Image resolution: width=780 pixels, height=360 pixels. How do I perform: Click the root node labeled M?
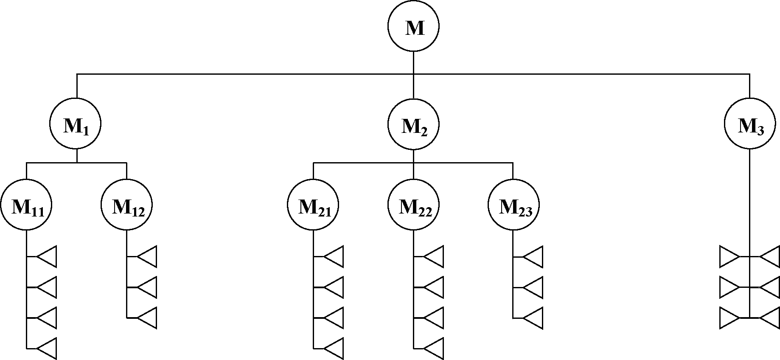click(x=413, y=27)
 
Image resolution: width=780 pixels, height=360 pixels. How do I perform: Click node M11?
click(x=26, y=205)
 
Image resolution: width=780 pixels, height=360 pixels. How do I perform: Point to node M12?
click(x=126, y=205)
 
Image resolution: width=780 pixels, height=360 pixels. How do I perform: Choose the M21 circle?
click(x=313, y=205)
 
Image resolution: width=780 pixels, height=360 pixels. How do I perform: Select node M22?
click(x=413, y=205)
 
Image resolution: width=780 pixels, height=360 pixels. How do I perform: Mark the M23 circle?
click(x=513, y=205)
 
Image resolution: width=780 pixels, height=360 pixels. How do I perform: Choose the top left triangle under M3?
click(x=728, y=257)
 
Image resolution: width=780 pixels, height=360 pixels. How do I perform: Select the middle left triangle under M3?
click(x=728, y=287)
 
